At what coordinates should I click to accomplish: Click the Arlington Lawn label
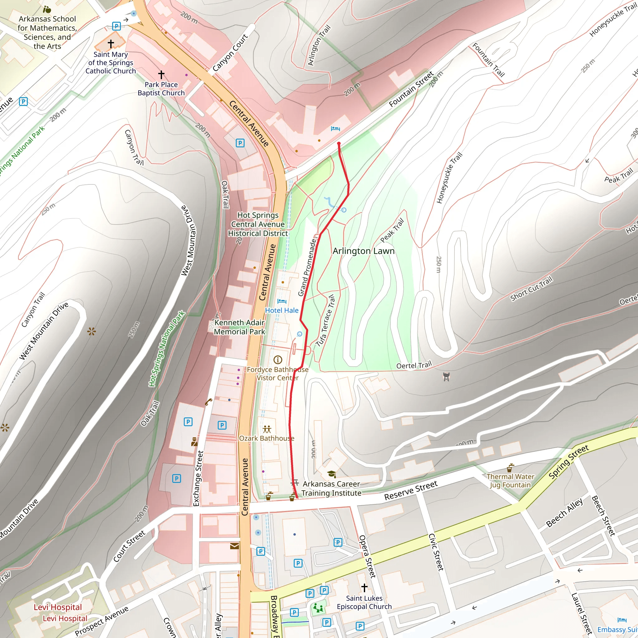pyautogui.click(x=363, y=251)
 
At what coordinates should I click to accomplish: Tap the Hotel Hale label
pyautogui.click(x=282, y=310)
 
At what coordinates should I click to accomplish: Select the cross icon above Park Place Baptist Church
pyautogui.click(x=161, y=75)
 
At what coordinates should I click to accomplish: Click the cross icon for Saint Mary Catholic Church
pyautogui.click(x=111, y=43)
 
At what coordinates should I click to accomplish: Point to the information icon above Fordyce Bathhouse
pyautogui.click(x=278, y=359)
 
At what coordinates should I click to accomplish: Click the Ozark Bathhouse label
pyautogui.click(x=266, y=438)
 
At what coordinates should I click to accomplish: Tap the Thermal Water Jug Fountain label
pyautogui.click(x=510, y=481)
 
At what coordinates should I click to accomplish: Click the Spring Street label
pyautogui.click(x=568, y=462)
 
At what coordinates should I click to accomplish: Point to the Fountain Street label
pyautogui.click(x=411, y=89)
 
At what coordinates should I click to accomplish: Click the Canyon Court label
pyautogui.click(x=230, y=53)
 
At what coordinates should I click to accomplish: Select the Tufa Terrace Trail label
pyautogui.click(x=326, y=321)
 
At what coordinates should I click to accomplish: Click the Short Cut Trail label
pyautogui.click(x=531, y=289)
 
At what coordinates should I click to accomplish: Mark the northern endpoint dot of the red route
pyautogui.click(x=339, y=143)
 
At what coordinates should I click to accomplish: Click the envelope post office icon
pyautogui.click(x=235, y=546)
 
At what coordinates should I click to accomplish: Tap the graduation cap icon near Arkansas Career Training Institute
pyautogui.click(x=331, y=474)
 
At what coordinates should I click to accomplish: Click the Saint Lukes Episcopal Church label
pyautogui.click(x=364, y=602)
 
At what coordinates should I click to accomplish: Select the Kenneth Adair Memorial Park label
pyautogui.click(x=240, y=327)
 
